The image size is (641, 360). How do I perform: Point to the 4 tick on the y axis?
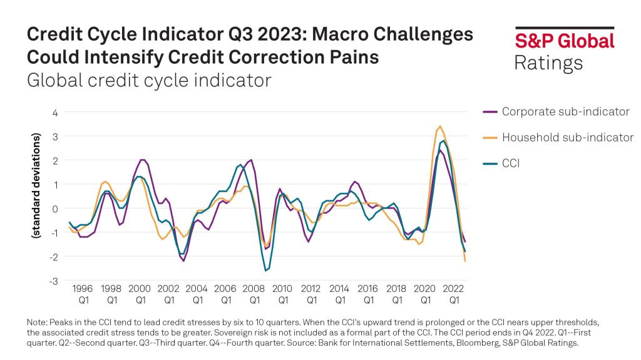(x=54, y=113)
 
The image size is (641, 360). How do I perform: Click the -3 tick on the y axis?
(x=53, y=281)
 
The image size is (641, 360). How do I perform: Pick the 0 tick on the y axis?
(x=54, y=208)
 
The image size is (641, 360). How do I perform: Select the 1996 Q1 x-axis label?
(x=82, y=294)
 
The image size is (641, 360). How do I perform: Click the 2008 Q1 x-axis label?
(x=254, y=294)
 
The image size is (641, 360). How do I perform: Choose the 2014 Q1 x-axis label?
(x=340, y=294)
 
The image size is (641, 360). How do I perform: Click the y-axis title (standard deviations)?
(x=36, y=185)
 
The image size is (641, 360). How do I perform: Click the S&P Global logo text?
(x=564, y=41)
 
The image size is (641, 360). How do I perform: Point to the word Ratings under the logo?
(x=548, y=63)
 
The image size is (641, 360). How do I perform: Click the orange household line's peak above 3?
(x=441, y=126)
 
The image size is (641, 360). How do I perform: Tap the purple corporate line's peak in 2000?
(x=142, y=160)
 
